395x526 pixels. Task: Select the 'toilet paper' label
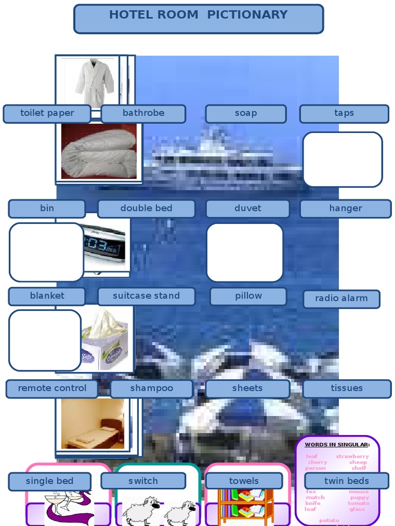point(47,114)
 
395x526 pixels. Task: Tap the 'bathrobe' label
point(143,114)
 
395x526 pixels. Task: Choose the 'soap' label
point(245,114)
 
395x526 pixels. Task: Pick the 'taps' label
point(344,114)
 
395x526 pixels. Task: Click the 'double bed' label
point(146,209)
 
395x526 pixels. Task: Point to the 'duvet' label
point(247,209)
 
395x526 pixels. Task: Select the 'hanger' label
point(345,209)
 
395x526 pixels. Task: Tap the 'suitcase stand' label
point(146,296)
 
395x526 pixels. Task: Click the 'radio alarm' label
point(341,298)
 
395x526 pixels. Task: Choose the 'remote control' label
point(52,388)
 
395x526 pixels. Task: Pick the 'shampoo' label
point(151,388)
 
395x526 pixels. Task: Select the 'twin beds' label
point(346,481)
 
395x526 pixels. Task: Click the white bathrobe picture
point(94,82)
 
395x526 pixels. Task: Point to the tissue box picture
point(105,339)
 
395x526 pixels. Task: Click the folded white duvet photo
point(99,152)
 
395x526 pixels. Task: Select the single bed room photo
point(93,424)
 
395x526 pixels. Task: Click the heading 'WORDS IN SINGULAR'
point(337,444)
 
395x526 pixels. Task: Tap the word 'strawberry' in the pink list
point(352,456)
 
